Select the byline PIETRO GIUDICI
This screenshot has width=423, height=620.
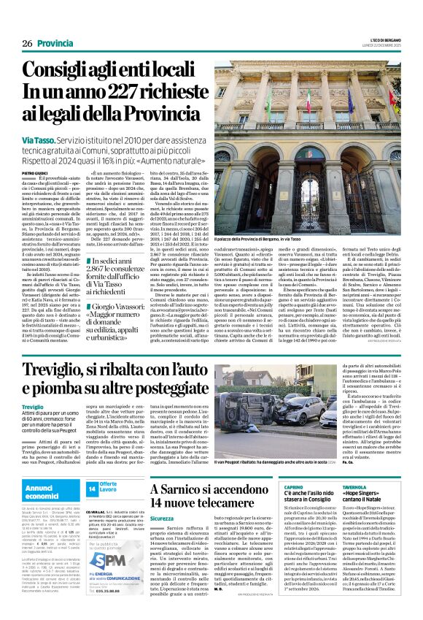click(x=36, y=172)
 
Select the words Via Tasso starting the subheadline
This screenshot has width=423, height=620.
click(x=37, y=139)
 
